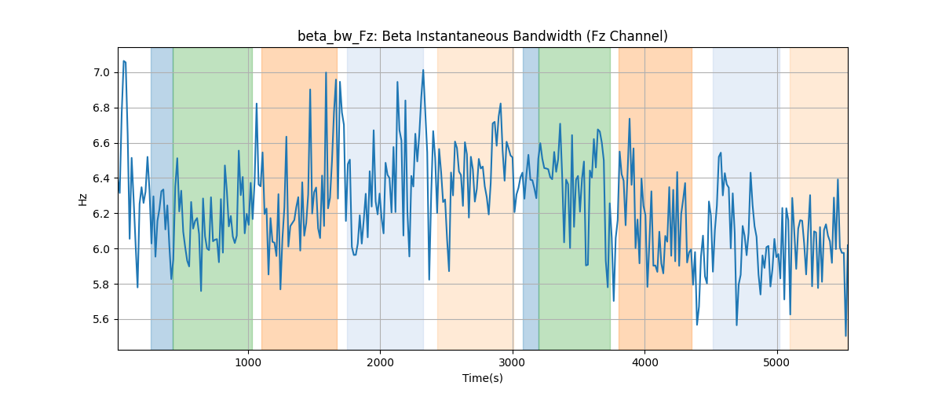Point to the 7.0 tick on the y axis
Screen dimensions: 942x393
101,73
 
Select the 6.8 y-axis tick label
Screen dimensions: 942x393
101,108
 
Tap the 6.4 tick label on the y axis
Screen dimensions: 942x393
101,178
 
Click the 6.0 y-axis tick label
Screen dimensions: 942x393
101,249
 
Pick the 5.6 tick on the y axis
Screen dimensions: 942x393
101,320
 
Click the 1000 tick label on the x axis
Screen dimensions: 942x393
248,362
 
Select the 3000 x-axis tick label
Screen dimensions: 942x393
513,362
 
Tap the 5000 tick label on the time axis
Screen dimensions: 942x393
776,362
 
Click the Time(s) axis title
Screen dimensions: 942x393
483,378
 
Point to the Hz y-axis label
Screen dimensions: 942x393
83,199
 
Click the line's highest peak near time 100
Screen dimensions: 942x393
124,61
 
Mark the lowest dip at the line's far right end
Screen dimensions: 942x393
845,336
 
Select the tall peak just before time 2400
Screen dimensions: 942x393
423,70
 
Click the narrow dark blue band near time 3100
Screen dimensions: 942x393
531,198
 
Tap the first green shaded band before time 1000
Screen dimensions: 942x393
213,198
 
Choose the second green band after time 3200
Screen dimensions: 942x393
575,198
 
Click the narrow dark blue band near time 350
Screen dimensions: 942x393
162,198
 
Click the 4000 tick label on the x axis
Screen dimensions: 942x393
644,362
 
